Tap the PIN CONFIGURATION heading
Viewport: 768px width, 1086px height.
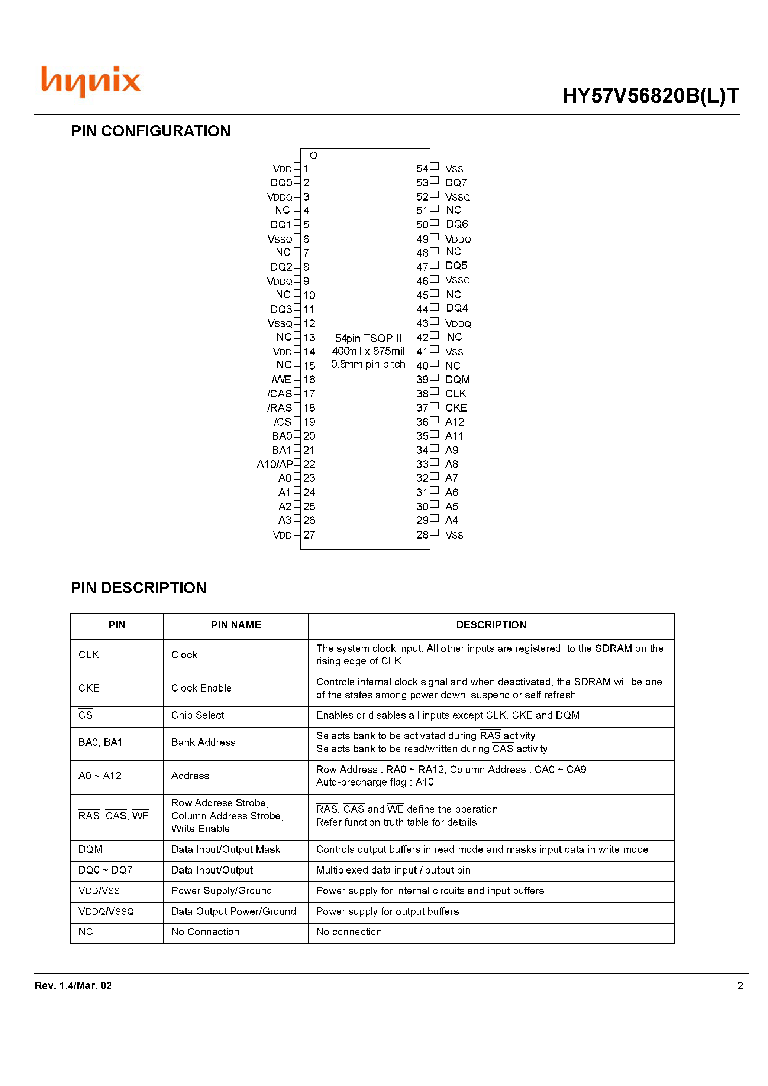click(x=151, y=131)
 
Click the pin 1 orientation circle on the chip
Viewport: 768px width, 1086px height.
click(x=313, y=156)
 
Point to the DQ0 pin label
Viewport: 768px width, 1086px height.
click(x=281, y=183)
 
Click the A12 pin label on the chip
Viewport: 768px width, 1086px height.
click(x=455, y=422)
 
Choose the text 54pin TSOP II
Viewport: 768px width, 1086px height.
click(x=368, y=339)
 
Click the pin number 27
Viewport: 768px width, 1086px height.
click(x=309, y=535)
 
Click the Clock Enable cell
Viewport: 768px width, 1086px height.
click(x=201, y=688)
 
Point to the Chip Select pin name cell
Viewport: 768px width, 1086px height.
click(x=197, y=715)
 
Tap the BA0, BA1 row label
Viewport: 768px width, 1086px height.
click(x=100, y=742)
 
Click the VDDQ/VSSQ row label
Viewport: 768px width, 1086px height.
click(x=106, y=911)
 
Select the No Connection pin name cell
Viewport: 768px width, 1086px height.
click(x=205, y=932)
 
